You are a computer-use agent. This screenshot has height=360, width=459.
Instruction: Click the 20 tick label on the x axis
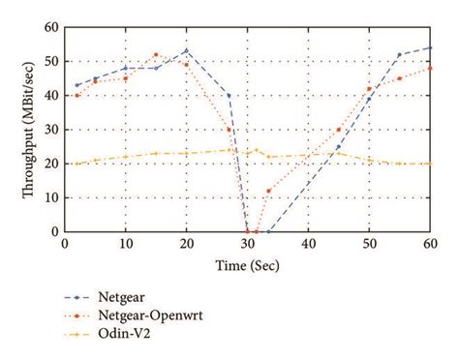point(186,245)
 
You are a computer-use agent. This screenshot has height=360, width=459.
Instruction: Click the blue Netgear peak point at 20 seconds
point(186,51)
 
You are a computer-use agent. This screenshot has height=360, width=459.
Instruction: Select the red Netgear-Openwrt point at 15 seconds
point(156,55)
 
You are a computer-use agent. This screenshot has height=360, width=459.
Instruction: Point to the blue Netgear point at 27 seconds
point(229,96)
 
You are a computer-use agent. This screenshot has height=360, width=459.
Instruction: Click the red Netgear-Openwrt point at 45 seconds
point(338,130)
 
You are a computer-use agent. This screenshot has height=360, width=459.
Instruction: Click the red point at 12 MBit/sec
point(268,191)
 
